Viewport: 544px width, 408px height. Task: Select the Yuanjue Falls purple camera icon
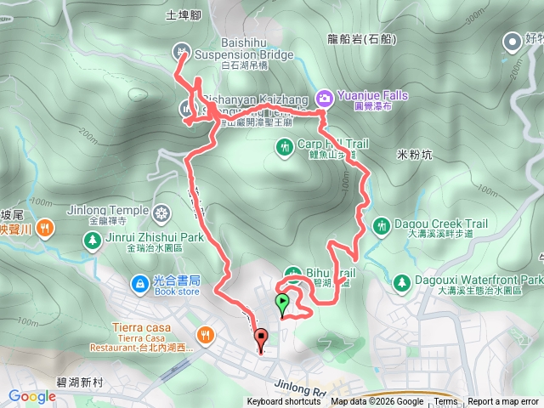[324, 97]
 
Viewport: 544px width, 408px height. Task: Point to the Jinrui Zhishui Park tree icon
[91, 239]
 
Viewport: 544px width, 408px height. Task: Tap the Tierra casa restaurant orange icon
[203, 336]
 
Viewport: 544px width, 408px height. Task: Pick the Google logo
[31, 395]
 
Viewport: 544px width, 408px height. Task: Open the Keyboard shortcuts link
[284, 402]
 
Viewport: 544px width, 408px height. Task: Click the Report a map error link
[503, 402]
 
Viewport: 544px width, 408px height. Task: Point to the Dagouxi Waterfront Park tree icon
[400, 280]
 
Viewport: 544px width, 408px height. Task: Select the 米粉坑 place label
[415, 155]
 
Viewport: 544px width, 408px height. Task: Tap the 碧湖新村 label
[75, 383]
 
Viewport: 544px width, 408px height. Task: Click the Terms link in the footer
[445, 402]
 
